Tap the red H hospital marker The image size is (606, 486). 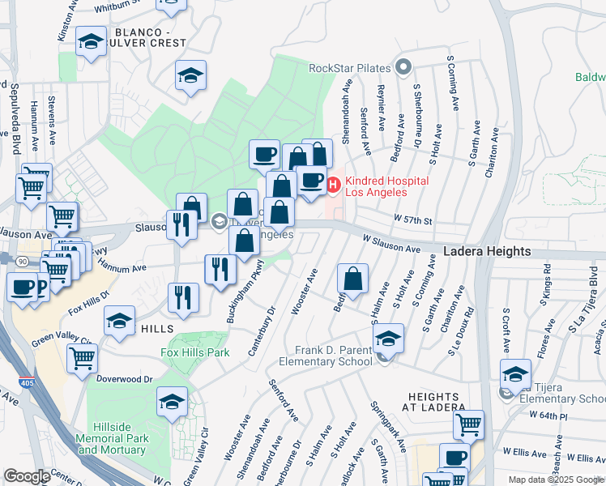(x=332, y=187)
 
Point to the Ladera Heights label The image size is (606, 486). (x=487, y=252)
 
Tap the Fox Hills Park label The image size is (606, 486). (x=195, y=352)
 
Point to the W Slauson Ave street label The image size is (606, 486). (x=391, y=243)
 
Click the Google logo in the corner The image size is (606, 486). (x=27, y=476)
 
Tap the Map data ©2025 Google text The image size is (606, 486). (x=555, y=480)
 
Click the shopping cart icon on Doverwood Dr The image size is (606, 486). (x=82, y=357)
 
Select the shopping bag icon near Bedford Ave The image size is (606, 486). (x=352, y=279)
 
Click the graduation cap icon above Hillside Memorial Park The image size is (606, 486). (x=172, y=402)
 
